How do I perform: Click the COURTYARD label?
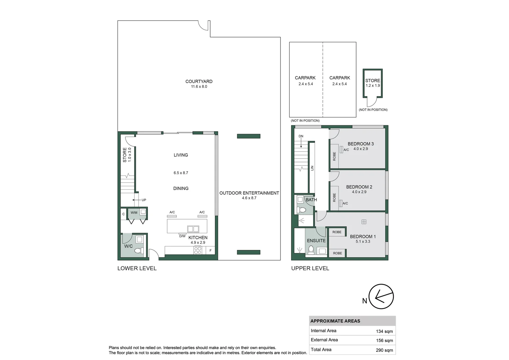[199, 81]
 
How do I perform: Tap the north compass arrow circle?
[382, 296]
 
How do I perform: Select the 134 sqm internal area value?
[384, 331]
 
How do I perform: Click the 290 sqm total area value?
[384, 350]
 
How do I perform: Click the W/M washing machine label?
[134, 213]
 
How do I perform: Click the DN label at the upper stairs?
[301, 136]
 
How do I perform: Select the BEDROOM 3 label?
[360, 144]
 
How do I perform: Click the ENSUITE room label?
[316, 241]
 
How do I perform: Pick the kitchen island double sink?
[193, 229]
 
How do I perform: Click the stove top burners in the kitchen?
[198, 250]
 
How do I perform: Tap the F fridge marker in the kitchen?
[211, 250]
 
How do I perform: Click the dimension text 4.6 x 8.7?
[249, 198]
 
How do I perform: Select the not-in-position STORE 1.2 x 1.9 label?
[372, 83]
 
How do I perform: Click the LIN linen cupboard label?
[312, 168]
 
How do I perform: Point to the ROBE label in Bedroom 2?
[334, 197]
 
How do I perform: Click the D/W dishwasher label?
[182, 236]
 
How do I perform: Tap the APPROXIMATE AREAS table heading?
[335, 321]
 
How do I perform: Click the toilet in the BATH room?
[302, 210]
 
